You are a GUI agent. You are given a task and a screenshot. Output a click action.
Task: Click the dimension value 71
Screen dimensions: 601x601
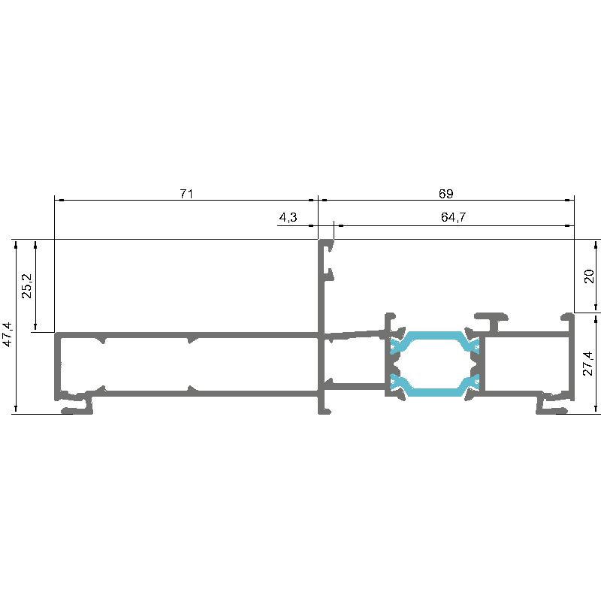coord(186,194)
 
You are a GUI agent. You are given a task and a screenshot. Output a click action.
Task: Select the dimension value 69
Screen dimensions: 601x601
coord(445,194)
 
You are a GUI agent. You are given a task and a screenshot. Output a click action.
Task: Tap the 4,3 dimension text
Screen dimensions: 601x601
coord(288,218)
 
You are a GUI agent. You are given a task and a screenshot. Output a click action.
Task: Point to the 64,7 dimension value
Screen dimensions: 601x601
coord(453,217)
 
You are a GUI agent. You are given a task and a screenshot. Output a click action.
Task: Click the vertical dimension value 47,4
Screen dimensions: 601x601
coord(8,334)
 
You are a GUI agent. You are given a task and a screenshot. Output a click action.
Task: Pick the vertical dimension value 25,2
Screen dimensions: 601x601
coord(28,286)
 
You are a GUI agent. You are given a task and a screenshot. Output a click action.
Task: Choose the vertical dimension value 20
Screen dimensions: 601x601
coord(589,276)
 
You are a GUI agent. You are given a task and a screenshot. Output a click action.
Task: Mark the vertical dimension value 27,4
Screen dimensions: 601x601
coord(589,364)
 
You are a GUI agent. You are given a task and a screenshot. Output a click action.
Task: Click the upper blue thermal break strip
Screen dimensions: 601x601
coord(434,341)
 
